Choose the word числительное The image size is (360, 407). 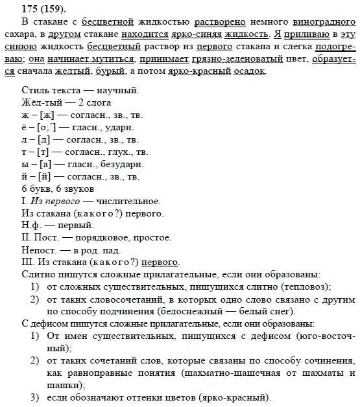[x=127, y=200]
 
